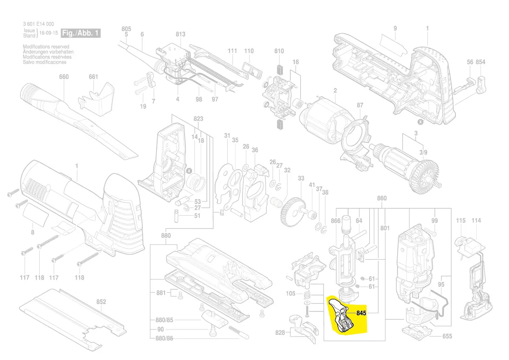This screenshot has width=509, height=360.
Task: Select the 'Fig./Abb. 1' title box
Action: click(x=81, y=33)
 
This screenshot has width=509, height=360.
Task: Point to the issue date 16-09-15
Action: click(x=48, y=33)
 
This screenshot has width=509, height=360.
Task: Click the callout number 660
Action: click(x=64, y=77)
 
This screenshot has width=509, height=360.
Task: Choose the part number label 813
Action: click(x=180, y=34)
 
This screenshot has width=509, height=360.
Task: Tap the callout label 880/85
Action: click(x=165, y=320)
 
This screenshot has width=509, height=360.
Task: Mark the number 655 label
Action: click(x=447, y=336)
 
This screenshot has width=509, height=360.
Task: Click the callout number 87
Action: click(x=360, y=105)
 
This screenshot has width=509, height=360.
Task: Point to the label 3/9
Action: click(x=423, y=152)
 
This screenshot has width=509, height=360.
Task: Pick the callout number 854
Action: click(x=480, y=62)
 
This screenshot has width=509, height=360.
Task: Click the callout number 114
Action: click(x=476, y=221)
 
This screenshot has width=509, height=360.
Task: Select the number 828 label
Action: click(x=280, y=333)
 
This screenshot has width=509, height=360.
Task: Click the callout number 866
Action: click(x=335, y=221)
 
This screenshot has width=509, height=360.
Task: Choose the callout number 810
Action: click(x=279, y=51)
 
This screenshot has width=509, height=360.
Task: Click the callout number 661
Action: click(x=93, y=77)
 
